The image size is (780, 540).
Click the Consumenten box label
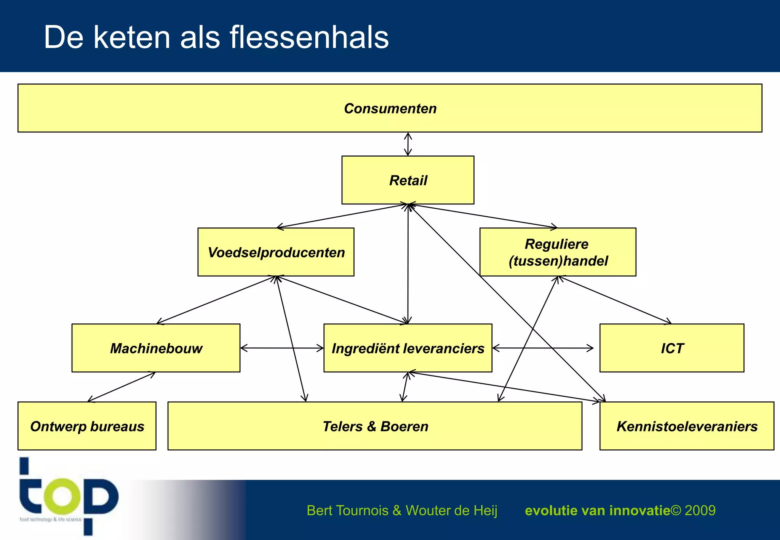pos(390,109)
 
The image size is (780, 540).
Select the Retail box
pos(408,180)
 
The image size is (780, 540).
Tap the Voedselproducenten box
pos(276,252)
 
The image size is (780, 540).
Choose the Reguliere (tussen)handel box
pos(558,252)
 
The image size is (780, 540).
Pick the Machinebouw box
pos(156,348)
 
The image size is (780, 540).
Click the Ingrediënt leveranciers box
pos(408,348)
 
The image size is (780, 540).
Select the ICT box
pos(672,348)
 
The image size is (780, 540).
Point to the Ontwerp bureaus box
pos(87,426)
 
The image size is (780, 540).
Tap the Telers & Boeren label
pos(375,427)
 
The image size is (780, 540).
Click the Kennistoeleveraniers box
pos(687,426)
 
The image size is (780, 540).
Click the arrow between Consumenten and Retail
pos(408,144)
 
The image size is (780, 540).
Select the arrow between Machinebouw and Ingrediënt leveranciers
pos(282,348)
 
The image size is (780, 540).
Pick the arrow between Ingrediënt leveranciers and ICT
pos(543,348)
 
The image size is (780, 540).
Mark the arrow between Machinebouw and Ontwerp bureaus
pos(121,387)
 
